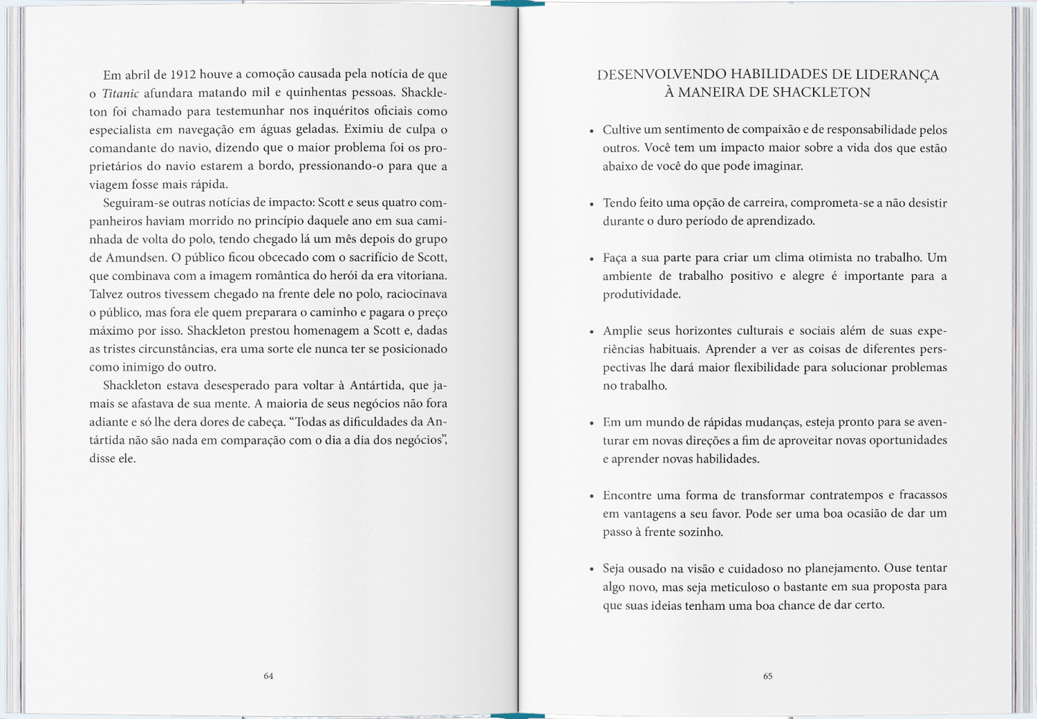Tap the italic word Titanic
point(121,93)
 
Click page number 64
point(268,676)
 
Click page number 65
point(768,676)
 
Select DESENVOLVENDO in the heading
point(661,75)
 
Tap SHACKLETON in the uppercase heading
point(817,93)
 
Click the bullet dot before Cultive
point(591,131)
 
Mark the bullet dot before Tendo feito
point(591,205)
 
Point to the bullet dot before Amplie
point(591,332)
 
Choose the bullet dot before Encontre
point(591,497)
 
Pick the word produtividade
point(642,294)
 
